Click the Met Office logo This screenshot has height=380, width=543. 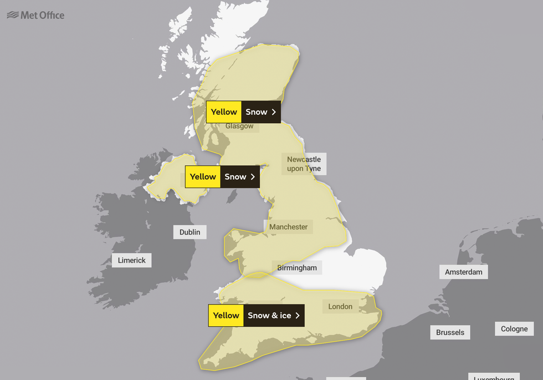[35, 15]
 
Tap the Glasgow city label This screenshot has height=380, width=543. [239, 126]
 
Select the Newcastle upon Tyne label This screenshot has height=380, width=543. [304, 164]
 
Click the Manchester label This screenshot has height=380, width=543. [288, 226]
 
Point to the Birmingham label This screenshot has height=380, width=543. [297, 267]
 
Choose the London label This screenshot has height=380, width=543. [340, 306]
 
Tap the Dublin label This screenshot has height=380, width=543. [190, 232]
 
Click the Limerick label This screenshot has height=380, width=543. [132, 260]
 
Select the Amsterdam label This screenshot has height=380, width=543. [464, 272]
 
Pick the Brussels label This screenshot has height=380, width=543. [450, 332]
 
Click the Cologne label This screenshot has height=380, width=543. [514, 328]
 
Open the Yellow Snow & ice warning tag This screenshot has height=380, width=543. [256, 316]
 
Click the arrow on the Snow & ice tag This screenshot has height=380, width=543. [298, 316]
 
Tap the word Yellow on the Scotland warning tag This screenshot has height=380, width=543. [224, 112]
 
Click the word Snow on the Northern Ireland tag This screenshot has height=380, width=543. [235, 177]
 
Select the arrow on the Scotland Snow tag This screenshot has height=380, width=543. [274, 112]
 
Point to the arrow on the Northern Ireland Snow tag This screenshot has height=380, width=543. [253, 177]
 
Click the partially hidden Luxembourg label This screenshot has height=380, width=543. [494, 377]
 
